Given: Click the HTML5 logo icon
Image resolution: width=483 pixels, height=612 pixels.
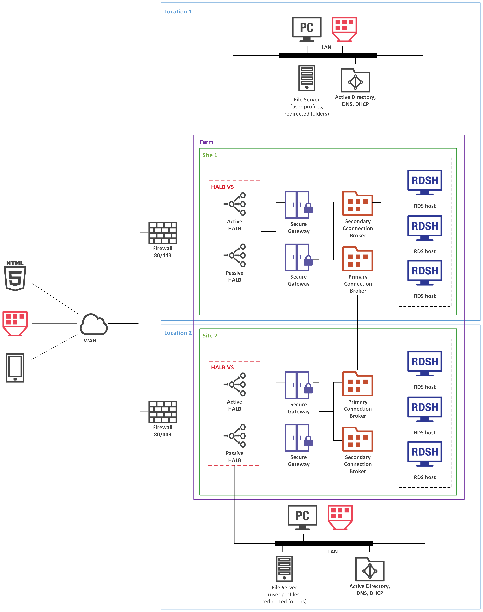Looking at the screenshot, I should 15,276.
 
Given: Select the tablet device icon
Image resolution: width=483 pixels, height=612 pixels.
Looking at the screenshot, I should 15,368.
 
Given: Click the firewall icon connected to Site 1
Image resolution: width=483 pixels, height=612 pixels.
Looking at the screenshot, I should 163,233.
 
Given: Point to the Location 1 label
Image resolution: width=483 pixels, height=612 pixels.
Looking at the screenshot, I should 178,12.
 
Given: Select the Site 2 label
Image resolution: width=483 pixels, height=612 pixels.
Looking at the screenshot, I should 210,336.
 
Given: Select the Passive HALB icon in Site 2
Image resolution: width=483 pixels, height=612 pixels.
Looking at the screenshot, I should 235,436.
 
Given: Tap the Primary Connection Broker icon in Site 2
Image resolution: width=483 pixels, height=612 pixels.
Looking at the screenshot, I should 357,384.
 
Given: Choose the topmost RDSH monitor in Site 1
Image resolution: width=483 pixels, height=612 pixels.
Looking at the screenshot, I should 424,182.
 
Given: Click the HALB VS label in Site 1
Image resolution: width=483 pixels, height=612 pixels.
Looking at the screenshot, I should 222,187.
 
